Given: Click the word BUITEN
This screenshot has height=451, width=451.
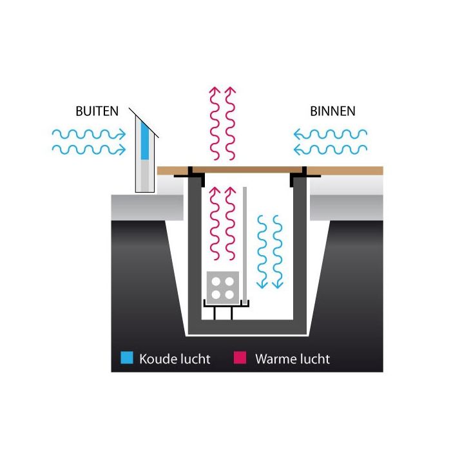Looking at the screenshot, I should (97, 111).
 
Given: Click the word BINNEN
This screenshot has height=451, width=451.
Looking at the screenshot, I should (332, 111).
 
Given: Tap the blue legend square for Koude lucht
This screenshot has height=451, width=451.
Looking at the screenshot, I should (127, 358).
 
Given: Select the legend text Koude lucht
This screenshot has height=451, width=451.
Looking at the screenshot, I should (175, 359).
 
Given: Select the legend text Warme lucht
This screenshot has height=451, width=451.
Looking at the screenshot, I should (293, 359).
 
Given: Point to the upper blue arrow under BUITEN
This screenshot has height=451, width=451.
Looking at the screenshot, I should (88, 134).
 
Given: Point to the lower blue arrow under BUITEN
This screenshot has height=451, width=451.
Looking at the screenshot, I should (88, 150).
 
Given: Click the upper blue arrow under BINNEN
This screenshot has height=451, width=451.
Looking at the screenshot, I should (330, 134).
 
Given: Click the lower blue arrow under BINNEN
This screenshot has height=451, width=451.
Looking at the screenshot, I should (330, 150).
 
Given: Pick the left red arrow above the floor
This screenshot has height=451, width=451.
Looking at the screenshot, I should (215, 122).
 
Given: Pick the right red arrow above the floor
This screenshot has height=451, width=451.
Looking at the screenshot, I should (230, 122).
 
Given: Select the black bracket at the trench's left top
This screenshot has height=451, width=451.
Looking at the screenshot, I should (191, 173).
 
